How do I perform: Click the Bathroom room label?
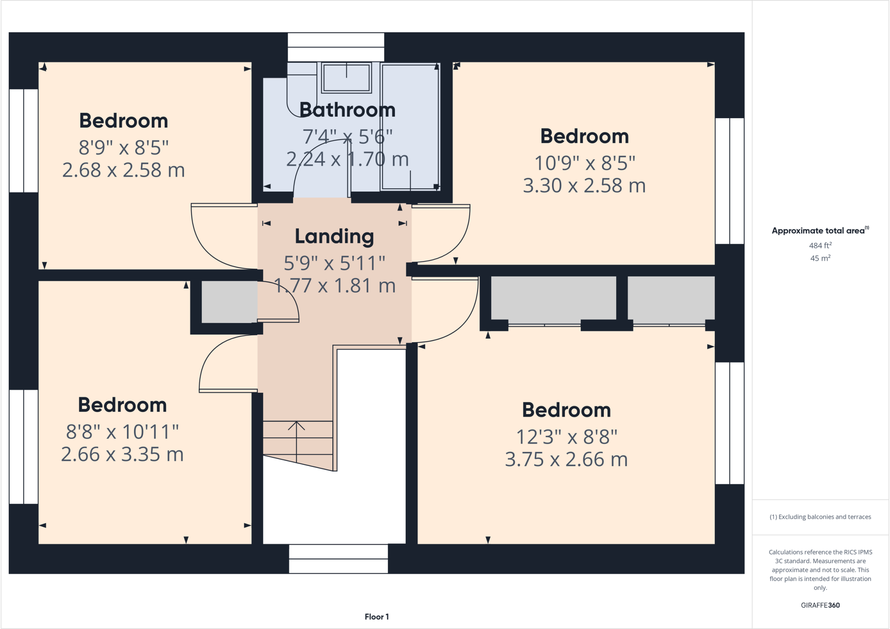point(347,110)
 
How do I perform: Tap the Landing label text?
point(334,237)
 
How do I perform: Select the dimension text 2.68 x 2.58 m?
point(123,170)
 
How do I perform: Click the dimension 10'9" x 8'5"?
point(584,163)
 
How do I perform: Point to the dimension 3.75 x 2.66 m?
point(566,459)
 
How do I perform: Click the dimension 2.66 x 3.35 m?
point(122,455)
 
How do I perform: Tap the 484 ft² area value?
point(820,245)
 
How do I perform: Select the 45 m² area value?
point(820,258)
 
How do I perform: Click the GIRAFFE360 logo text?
point(820,605)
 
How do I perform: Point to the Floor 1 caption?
point(376,616)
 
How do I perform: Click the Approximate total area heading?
point(819,231)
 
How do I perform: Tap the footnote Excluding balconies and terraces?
point(820,517)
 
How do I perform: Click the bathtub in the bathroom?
point(410,126)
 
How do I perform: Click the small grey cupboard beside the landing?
point(229,302)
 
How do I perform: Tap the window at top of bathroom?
point(336,47)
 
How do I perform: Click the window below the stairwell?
point(338,559)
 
